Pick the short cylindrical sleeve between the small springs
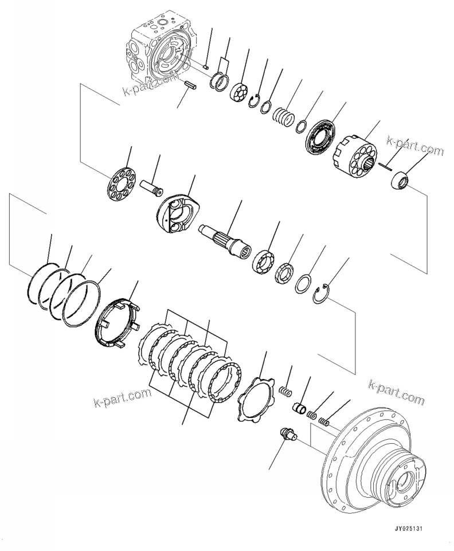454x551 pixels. (x=300, y=410)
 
